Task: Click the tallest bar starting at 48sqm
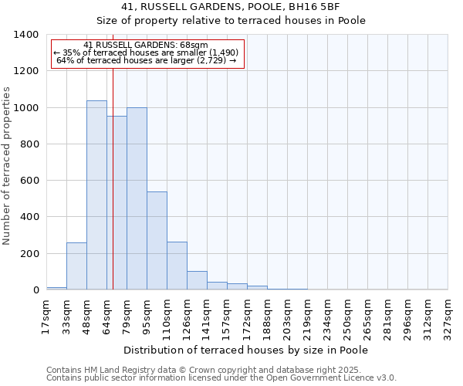tap(96, 195)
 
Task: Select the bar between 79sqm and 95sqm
tap(137, 198)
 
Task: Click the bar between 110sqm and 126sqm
tap(177, 266)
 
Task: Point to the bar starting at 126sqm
tap(197, 281)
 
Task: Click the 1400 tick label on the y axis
tap(26, 35)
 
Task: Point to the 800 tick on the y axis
tap(29, 144)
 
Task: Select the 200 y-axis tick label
tap(29, 254)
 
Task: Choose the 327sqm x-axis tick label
tap(448, 317)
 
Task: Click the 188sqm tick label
tap(267, 317)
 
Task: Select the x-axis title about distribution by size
tap(245, 350)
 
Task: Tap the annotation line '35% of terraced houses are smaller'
tap(147, 52)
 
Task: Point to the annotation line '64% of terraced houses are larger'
tap(147, 60)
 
